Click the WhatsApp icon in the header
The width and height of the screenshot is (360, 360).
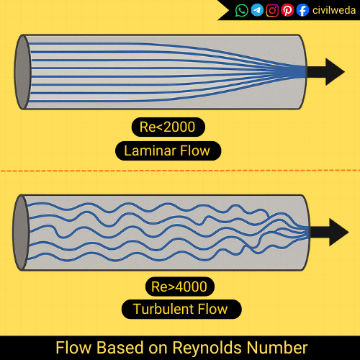242,10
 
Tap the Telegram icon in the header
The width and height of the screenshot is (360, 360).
257,10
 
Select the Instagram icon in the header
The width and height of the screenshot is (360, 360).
272,10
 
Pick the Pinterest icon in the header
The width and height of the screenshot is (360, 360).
287,10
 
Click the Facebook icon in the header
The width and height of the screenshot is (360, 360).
302,10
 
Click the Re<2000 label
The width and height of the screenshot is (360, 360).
168,128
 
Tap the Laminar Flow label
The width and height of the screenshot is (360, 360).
168,151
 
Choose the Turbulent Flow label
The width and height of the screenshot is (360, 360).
180,310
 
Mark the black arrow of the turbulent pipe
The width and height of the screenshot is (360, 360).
329,231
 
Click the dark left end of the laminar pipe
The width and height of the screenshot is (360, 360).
22,71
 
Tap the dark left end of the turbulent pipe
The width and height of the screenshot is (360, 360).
22,232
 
